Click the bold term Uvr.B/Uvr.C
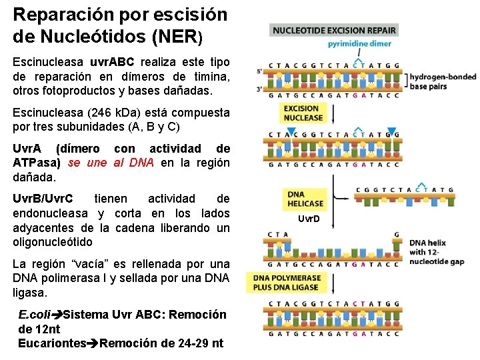[44, 199]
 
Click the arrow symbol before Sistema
[59, 315]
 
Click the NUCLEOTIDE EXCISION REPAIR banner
[333, 31]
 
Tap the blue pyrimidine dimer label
[358, 43]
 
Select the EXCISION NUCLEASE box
[303, 113]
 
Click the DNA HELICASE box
[305, 199]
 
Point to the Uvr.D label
[309, 219]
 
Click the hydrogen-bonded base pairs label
[443, 82]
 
